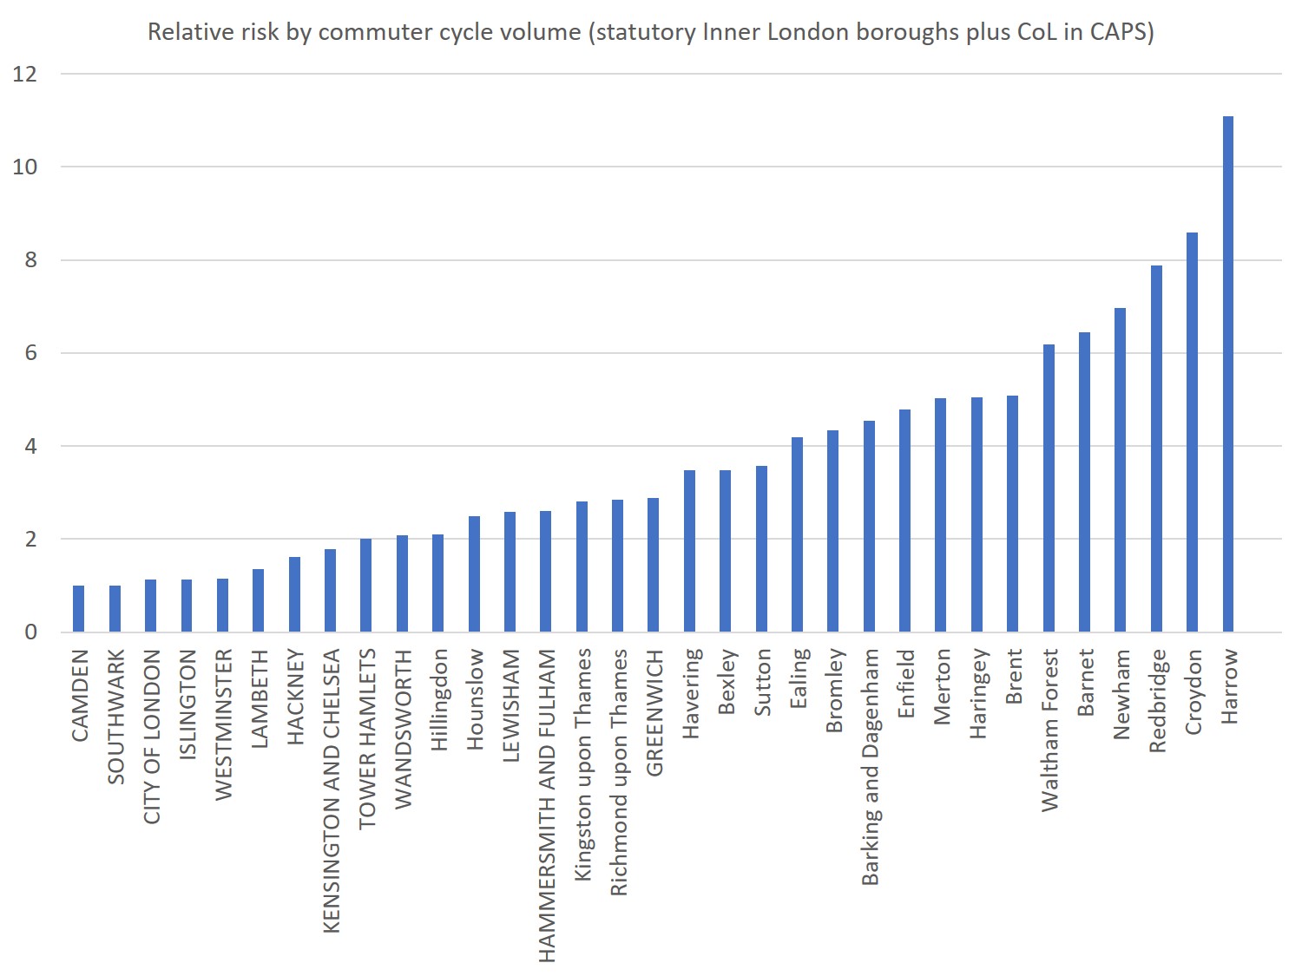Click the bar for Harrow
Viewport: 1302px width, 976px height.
tap(1227, 373)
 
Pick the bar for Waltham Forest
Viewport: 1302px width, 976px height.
tap(1049, 488)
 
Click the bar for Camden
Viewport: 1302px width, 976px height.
tap(79, 608)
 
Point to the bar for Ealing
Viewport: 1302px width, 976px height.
tap(797, 534)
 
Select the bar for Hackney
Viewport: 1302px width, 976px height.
tap(294, 594)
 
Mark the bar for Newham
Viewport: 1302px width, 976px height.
tap(1120, 469)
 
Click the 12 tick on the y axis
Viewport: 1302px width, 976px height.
tap(25, 74)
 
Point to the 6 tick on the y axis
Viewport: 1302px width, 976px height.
tap(31, 352)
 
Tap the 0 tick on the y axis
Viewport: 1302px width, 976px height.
tap(31, 632)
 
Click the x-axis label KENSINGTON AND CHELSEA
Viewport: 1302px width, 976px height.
tap(331, 790)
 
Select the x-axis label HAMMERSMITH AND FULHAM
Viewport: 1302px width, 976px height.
tap(546, 805)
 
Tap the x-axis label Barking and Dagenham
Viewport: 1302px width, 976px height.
tap(870, 767)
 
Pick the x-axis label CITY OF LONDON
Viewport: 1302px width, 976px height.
tap(152, 737)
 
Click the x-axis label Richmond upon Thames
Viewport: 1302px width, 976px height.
tap(618, 772)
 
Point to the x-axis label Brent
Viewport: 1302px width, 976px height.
tap(1013, 676)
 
